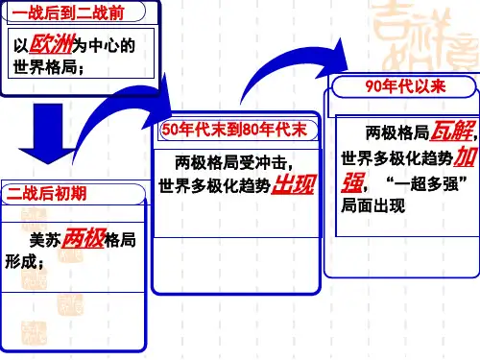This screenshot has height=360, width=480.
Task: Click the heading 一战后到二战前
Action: click(x=67, y=13)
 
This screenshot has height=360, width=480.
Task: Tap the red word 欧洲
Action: click(x=52, y=44)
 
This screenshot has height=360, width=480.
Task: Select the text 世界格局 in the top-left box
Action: click(x=45, y=67)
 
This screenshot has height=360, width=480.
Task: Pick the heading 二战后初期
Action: click(x=47, y=193)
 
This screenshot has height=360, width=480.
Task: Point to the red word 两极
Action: click(x=84, y=238)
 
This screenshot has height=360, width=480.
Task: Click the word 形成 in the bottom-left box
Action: click(x=21, y=262)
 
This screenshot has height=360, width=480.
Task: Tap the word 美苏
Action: click(x=45, y=240)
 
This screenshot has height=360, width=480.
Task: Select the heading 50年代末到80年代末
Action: click(x=234, y=130)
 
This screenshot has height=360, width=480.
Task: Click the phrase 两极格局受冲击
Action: click(x=230, y=162)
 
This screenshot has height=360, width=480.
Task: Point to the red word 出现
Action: click(x=294, y=184)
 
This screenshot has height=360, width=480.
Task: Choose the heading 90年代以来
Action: click(x=405, y=86)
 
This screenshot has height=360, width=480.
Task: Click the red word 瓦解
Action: click(x=451, y=131)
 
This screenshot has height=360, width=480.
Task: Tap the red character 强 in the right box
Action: click(x=352, y=182)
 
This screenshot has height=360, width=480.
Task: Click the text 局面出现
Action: click(x=373, y=205)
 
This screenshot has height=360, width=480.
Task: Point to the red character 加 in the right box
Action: click(x=465, y=156)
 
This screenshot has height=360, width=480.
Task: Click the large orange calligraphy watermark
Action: click(x=425, y=36)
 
